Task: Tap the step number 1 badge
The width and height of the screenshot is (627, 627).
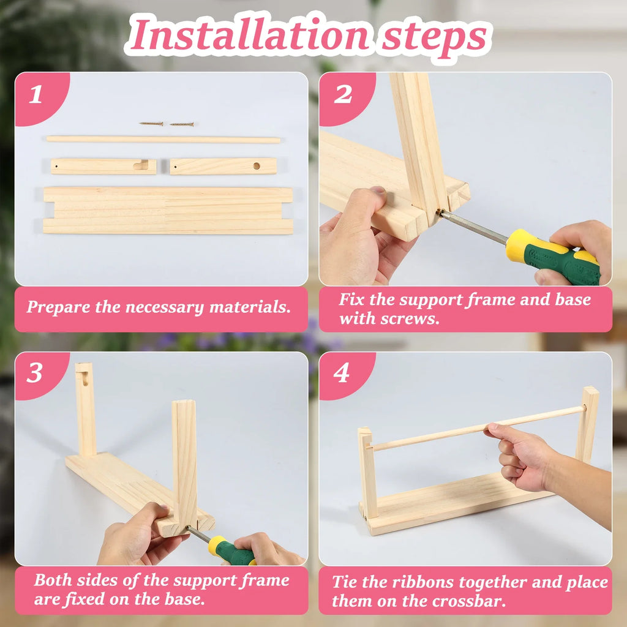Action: point(36,94)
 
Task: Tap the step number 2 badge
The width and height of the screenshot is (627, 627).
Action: point(343,94)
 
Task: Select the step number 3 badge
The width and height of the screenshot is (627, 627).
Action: point(35,374)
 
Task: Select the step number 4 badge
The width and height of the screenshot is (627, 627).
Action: point(342,374)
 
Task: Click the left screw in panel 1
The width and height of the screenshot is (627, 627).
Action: point(151,124)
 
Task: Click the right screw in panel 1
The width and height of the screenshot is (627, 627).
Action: point(182,124)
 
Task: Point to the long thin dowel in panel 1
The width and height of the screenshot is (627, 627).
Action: point(163,140)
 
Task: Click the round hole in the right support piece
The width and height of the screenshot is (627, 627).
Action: point(257,165)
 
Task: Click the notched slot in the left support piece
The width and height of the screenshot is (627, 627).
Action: point(141,165)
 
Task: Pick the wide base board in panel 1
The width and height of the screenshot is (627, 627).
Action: point(167,210)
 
